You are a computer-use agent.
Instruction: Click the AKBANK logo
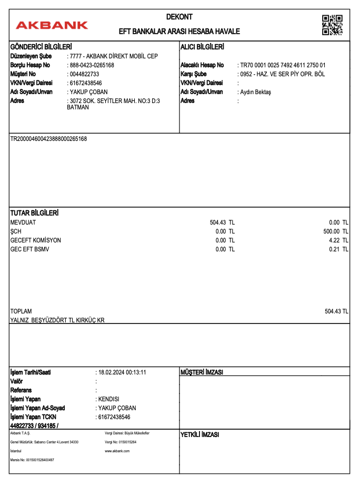click(x=52, y=25)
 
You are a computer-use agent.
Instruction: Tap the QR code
click(x=332, y=25)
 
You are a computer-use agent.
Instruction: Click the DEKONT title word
click(x=179, y=17)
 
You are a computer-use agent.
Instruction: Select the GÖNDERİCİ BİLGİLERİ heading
click(x=41, y=47)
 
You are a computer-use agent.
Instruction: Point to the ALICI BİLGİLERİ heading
click(x=203, y=47)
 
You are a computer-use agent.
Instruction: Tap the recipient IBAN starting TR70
click(x=283, y=65)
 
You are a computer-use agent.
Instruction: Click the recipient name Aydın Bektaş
click(x=255, y=92)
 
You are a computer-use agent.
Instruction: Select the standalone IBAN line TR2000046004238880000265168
click(x=48, y=139)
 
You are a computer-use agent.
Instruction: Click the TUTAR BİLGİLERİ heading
click(x=34, y=213)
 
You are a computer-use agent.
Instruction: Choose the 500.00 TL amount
click(x=336, y=231)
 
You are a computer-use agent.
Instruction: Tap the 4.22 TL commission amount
click(x=338, y=240)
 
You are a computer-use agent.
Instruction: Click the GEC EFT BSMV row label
click(x=29, y=249)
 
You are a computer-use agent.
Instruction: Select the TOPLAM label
click(x=21, y=311)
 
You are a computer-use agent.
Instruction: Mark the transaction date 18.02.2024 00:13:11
click(x=122, y=372)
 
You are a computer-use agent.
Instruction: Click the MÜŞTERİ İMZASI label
click(x=202, y=372)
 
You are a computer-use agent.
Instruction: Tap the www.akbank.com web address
click(x=117, y=451)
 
